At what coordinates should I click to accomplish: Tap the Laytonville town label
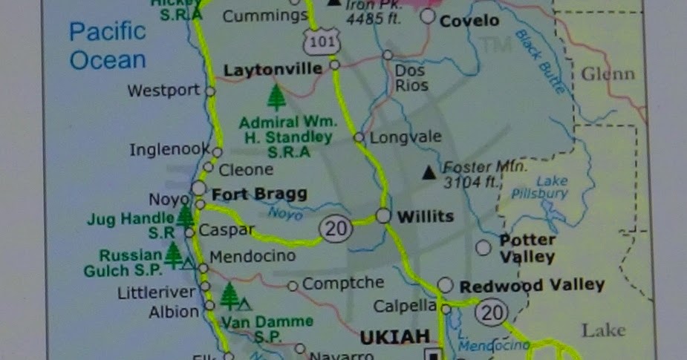point(273,70)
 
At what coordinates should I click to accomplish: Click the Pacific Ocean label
point(108,45)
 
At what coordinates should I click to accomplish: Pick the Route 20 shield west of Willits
point(335,229)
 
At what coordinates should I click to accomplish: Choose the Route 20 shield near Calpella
point(492,312)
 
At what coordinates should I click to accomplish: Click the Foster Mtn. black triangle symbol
point(429,174)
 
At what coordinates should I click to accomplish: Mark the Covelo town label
point(469,21)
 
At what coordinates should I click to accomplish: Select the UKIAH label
point(394,338)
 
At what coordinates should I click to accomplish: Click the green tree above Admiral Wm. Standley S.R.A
point(276,97)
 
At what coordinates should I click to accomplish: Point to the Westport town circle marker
point(210,91)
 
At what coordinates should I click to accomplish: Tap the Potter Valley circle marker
point(483,247)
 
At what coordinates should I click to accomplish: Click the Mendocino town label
point(253,256)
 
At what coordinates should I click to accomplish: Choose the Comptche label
point(343,283)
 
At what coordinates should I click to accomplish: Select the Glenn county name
point(608,73)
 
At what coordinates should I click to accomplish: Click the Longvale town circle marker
point(359,137)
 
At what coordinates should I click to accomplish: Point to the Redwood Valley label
point(532,285)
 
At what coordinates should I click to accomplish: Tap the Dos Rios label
point(411,78)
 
